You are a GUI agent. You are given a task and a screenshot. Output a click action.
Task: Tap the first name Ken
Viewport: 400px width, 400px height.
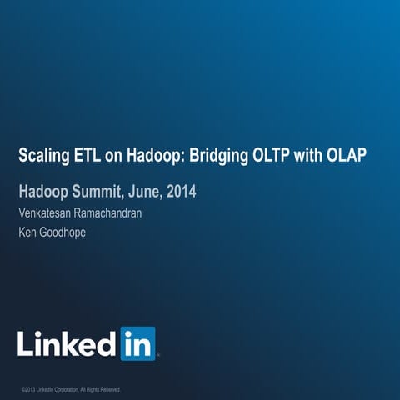[27, 232]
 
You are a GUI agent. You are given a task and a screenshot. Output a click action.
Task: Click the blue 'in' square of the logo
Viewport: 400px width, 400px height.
[137, 342]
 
